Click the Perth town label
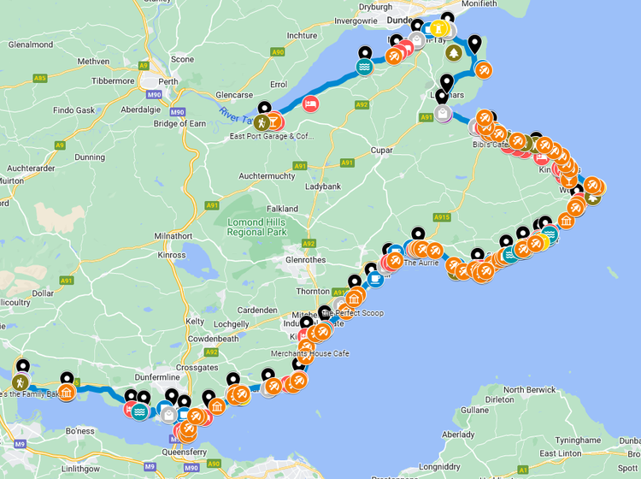pos(168,82)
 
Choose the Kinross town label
pos(172,255)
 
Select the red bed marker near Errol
pos(311,104)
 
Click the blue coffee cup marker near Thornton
pos(374,278)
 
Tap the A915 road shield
pos(441,218)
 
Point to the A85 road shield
pos(40,78)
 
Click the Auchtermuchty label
pos(267,175)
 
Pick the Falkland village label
pos(282,209)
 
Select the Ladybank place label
pos(323,186)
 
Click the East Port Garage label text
pos(271,136)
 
